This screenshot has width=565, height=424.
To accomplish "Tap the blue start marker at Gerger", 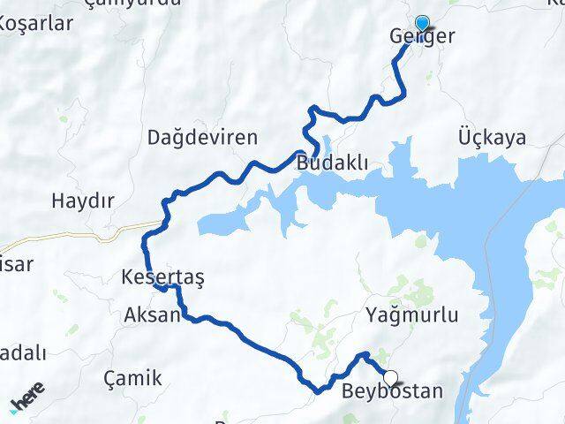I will pyautogui.click(x=422, y=24).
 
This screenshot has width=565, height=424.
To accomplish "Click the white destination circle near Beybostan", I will pyautogui.click(x=390, y=377).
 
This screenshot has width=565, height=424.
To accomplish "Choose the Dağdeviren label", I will pyautogui.click(x=203, y=138).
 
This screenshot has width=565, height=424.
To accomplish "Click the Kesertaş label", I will pyautogui.click(x=163, y=277).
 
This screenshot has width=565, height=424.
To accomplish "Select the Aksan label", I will pyautogui.click(x=153, y=315).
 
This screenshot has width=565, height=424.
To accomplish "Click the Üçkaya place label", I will pyautogui.click(x=493, y=138).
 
